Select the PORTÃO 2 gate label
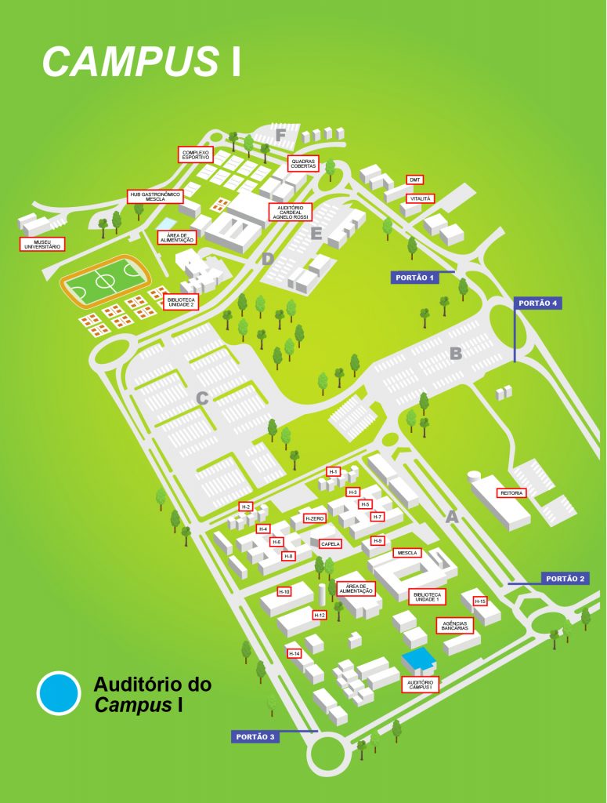(565, 579)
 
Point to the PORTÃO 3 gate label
(255, 736)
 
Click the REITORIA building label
(510, 493)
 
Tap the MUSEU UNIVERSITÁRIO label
(42, 244)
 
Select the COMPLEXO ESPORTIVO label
(196, 154)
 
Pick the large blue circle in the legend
(59, 693)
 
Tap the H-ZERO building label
(314, 518)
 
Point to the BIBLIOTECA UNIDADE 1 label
(427, 597)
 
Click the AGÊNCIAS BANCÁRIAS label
(455, 626)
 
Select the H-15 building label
(480, 601)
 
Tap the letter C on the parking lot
(201, 398)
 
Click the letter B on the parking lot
(456, 354)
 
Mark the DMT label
(415, 180)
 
